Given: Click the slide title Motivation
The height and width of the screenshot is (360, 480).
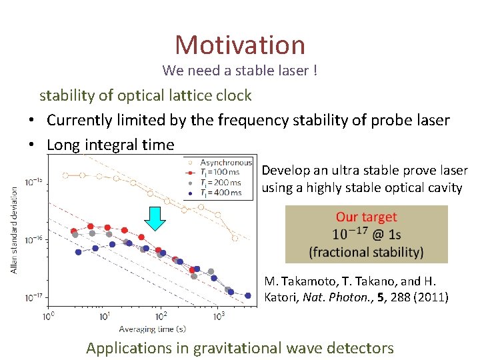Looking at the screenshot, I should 240,45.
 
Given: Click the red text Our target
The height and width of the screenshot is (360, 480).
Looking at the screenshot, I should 366,217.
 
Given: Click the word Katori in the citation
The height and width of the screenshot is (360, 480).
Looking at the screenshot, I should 283,297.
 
